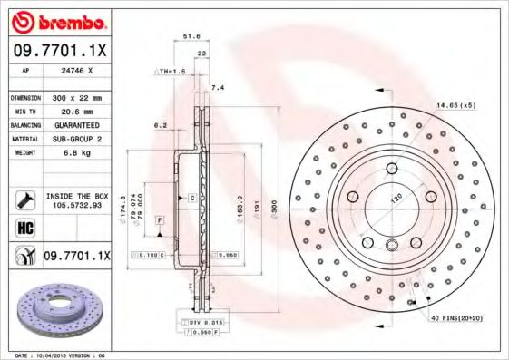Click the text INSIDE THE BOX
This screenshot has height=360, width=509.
pos(76,195)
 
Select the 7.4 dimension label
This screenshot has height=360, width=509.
pos(216,88)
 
